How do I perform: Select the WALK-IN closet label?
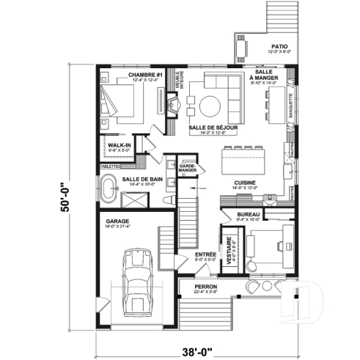(119, 146)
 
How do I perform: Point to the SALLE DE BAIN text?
(142, 179)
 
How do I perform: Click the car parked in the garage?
(136, 278)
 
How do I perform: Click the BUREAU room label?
(249, 214)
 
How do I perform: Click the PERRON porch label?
(205, 287)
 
